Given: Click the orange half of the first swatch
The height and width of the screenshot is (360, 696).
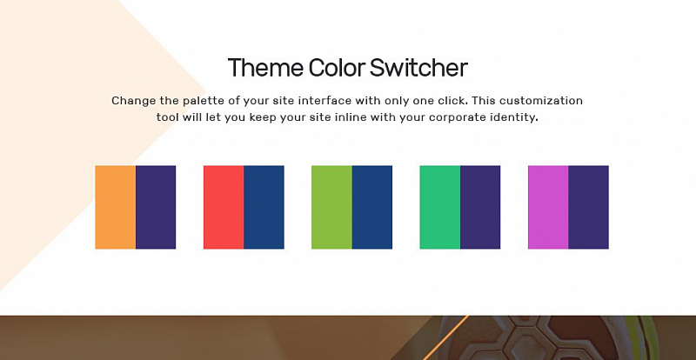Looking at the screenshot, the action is [x=116, y=207].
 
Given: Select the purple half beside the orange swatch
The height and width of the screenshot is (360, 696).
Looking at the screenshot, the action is [x=156, y=207].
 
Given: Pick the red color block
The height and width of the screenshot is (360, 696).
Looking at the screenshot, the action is [x=224, y=207].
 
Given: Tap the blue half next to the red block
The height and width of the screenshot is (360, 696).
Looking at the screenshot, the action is [x=264, y=207].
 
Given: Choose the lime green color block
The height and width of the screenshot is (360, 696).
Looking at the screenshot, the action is [x=332, y=207].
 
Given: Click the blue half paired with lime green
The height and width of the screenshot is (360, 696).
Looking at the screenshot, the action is [x=372, y=207].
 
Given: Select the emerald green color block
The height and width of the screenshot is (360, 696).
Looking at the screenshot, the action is [x=440, y=207].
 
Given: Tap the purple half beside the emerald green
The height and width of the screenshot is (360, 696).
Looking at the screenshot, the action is [x=480, y=207].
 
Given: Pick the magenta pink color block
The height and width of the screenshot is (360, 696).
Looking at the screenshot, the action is [x=548, y=207].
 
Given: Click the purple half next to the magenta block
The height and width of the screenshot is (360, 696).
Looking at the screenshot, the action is [x=589, y=207].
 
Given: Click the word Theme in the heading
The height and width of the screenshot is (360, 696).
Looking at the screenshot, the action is [x=266, y=68].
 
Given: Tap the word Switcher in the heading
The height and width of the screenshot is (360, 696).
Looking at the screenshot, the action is [x=419, y=68].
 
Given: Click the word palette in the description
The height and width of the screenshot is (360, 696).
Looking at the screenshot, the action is [x=204, y=101].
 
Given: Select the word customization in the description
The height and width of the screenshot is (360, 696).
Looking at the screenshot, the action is [x=540, y=100].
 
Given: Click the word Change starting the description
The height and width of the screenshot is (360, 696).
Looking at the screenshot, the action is [x=134, y=101].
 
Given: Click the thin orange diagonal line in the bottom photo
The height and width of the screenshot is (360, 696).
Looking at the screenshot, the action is [x=445, y=337].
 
